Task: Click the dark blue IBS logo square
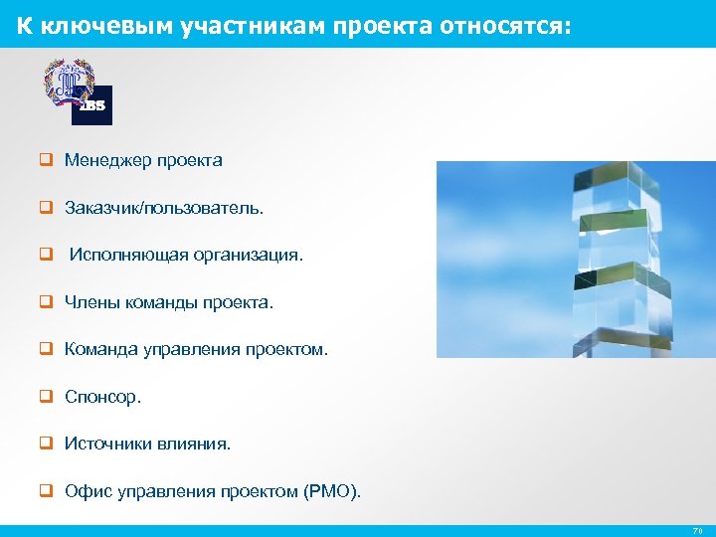click(92, 105)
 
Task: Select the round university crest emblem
click(68, 82)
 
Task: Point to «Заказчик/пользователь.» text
click(164, 208)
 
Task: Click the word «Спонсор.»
click(103, 397)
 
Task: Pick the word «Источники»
click(107, 445)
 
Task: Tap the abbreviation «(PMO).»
click(332, 492)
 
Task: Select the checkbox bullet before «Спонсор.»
click(46, 397)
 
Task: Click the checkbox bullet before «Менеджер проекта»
click(46, 160)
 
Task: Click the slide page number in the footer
click(698, 531)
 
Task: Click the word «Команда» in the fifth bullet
click(101, 350)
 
